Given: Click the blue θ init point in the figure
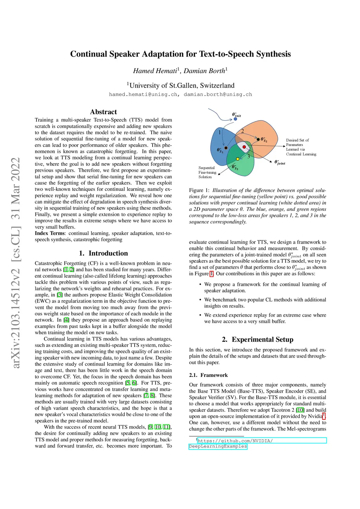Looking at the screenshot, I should click(x=236, y=119).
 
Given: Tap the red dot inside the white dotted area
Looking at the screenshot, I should click(x=244, y=147).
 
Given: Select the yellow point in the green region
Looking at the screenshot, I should click(x=238, y=159).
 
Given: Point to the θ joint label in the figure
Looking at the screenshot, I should click(x=280, y=162).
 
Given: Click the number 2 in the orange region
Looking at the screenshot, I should click(x=242, y=131).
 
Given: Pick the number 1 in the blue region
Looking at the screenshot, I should click(x=220, y=133).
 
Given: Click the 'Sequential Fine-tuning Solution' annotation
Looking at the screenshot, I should click(x=207, y=172).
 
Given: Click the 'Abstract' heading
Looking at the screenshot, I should click(x=103, y=112).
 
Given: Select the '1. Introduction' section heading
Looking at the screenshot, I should click(x=103, y=253).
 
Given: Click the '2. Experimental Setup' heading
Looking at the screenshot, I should click(x=258, y=339).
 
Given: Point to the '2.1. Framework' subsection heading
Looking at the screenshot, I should click(x=208, y=375).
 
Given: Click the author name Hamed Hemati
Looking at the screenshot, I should click(x=155, y=71).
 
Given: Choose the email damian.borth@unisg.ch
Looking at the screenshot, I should click(x=218, y=94).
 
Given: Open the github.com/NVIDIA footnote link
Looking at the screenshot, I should click(x=235, y=441).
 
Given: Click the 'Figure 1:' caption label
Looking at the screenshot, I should click(x=199, y=190).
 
